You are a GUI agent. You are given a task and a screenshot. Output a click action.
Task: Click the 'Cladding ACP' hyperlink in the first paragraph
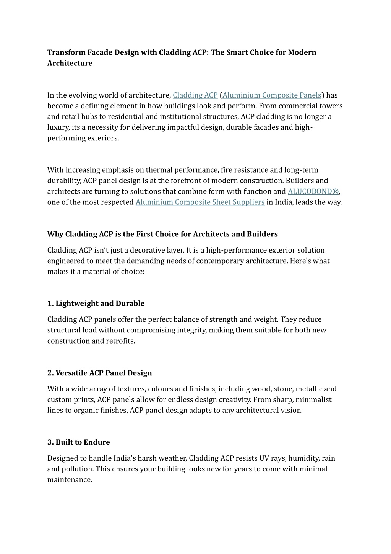coord(195,95)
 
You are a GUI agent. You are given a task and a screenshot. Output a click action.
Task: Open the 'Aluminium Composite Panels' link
coord(272,95)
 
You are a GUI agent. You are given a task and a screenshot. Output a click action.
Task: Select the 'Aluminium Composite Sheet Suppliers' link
coord(200,202)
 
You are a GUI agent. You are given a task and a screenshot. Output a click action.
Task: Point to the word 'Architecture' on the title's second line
coord(70,63)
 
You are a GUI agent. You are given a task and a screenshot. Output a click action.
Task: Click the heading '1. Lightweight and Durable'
coord(96,303)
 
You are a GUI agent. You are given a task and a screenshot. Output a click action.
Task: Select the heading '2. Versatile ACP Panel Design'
coord(99,373)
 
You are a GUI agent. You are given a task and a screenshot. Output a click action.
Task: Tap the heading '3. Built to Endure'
coord(79,442)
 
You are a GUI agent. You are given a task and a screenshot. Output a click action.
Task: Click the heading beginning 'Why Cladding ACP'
coord(162,234)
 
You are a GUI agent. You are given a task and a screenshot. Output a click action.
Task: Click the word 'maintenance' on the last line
coord(70,480)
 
